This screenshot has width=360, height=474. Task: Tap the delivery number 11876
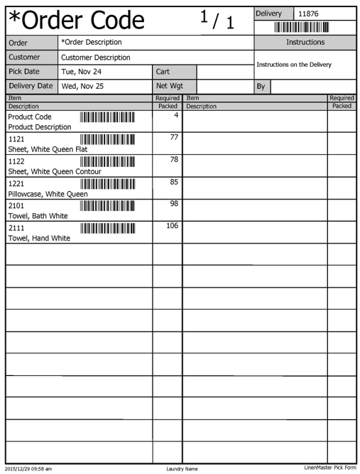point(308,14)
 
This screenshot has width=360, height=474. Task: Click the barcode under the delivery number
point(301,27)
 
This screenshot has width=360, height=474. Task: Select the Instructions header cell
point(305,43)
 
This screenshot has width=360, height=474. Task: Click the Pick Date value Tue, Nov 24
point(82,72)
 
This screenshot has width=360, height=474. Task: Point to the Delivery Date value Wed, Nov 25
point(82,86)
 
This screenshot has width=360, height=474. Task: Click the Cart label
point(163,72)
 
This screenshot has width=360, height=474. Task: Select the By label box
point(261,86)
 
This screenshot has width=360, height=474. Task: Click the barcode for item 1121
point(107,140)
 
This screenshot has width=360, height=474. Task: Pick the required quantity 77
point(173,138)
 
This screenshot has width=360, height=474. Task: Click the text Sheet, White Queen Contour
point(55,171)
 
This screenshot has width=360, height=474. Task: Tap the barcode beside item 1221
point(107,184)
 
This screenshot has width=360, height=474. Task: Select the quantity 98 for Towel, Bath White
point(173,204)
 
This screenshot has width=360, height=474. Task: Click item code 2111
point(16,228)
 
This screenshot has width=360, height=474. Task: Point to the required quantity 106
point(172,226)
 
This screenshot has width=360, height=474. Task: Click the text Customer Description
point(96,57)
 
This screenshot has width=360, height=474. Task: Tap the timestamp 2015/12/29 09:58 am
point(28,468)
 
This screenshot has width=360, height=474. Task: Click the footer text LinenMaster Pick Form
point(329,468)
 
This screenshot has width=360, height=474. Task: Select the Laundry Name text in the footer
point(182,468)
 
